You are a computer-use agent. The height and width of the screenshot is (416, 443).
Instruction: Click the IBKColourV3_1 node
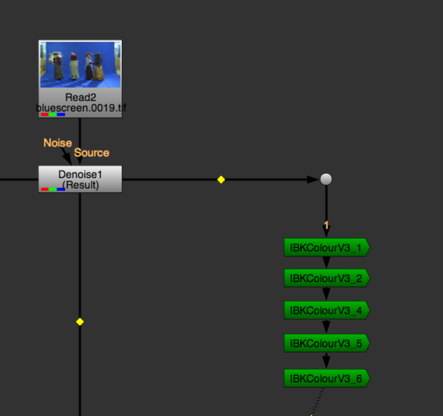326,248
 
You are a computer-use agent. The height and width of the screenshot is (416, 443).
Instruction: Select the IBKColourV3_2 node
326,278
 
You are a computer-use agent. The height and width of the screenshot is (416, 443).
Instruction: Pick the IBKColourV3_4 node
326,310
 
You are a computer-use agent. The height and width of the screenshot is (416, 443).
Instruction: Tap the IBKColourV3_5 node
326,343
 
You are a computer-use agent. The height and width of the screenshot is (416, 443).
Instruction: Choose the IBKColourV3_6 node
326,378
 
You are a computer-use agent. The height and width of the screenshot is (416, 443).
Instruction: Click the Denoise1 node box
80,179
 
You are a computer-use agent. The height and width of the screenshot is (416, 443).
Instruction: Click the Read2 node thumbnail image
80,65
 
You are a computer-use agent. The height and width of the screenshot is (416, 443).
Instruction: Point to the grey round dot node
326,179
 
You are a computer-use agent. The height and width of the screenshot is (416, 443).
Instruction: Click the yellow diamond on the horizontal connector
221,180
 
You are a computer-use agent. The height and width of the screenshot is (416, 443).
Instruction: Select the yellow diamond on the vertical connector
80,322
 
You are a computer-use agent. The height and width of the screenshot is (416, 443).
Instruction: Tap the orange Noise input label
58,143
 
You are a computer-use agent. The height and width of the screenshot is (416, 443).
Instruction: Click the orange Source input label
92,153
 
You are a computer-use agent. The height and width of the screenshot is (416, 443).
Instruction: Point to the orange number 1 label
326,225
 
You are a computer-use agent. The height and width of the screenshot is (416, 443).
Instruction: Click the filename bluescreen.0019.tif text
81,108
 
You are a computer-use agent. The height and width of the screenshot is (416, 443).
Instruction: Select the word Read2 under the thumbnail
81,97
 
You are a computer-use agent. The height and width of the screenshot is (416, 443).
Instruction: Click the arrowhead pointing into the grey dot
313,180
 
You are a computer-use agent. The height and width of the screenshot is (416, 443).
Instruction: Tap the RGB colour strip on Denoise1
53,190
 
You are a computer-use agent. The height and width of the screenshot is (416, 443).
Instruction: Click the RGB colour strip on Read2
53,114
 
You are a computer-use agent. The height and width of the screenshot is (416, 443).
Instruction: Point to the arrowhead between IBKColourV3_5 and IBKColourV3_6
326,361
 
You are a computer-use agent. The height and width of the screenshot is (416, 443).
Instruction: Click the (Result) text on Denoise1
81,185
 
